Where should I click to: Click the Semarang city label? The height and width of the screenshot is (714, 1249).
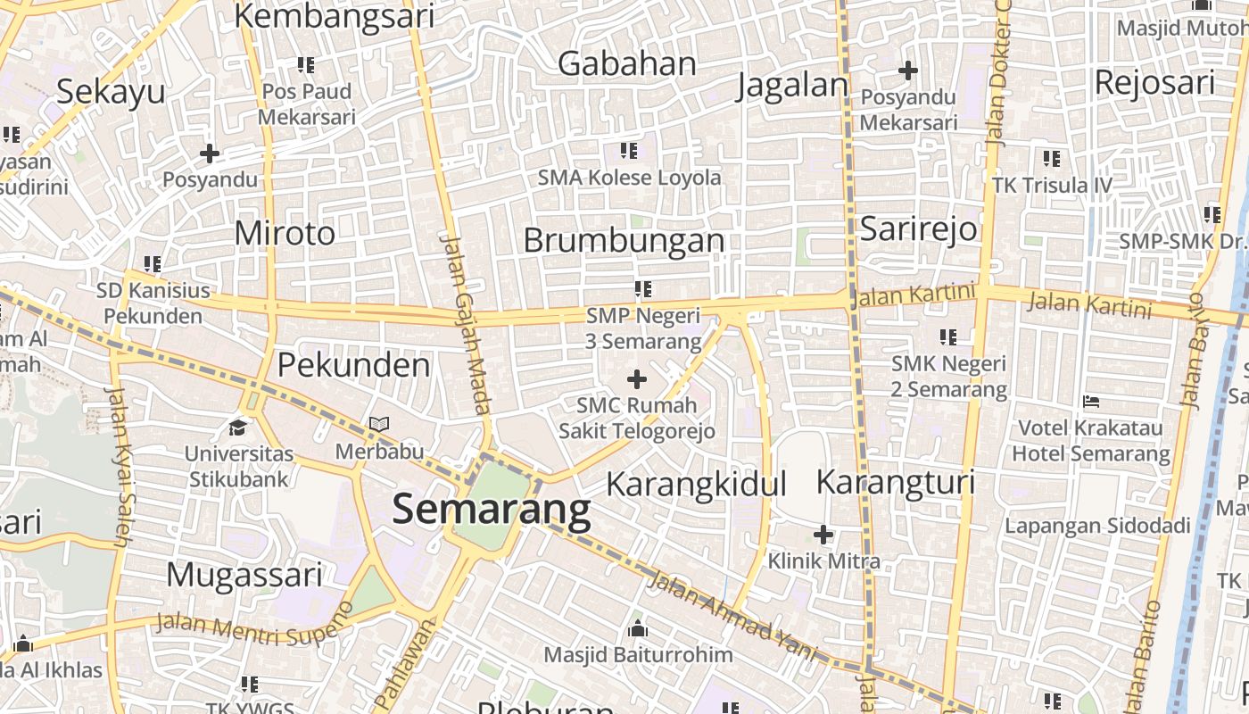(491, 510)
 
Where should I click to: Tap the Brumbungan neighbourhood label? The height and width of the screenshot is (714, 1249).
(624, 240)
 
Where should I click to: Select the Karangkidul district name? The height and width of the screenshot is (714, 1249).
(696, 484)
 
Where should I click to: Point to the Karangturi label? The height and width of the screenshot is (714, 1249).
(896, 482)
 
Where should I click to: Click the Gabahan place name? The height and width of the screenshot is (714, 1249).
(627, 63)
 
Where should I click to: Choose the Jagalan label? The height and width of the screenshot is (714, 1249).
(793, 86)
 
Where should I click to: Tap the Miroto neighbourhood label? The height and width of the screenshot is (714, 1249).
(285, 233)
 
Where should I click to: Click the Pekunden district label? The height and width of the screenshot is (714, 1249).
(353, 364)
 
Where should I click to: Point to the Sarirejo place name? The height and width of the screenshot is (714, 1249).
(918, 229)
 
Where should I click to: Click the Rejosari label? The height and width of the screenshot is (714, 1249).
(1154, 82)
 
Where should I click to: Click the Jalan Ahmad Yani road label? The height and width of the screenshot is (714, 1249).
(733, 616)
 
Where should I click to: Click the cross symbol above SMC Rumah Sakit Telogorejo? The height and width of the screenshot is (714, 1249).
(637, 380)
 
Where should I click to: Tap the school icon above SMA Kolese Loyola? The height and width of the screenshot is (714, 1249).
(629, 151)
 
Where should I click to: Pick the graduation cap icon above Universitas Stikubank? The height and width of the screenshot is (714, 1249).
(238, 428)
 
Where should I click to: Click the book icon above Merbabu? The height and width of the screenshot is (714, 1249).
(379, 425)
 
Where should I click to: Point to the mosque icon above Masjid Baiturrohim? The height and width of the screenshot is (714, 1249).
(638, 629)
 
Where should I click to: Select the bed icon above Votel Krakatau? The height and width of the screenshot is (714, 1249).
(1091, 403)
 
